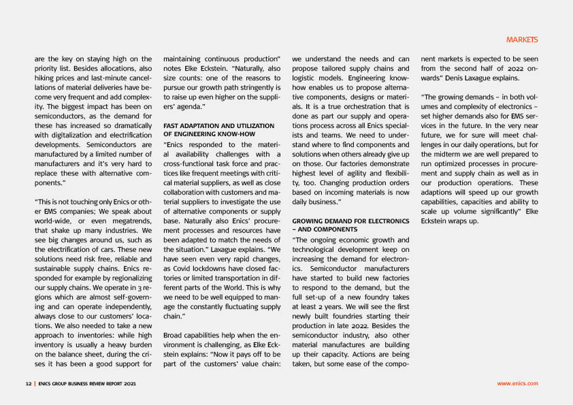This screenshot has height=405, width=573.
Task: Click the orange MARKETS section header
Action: click(522, 39)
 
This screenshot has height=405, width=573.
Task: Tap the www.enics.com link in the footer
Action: click(517, 383)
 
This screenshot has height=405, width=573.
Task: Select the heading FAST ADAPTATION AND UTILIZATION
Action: click(218, 126)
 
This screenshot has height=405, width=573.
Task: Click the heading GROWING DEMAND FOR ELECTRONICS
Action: click(350, 221)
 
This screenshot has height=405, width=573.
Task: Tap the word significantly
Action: click(497, 212)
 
